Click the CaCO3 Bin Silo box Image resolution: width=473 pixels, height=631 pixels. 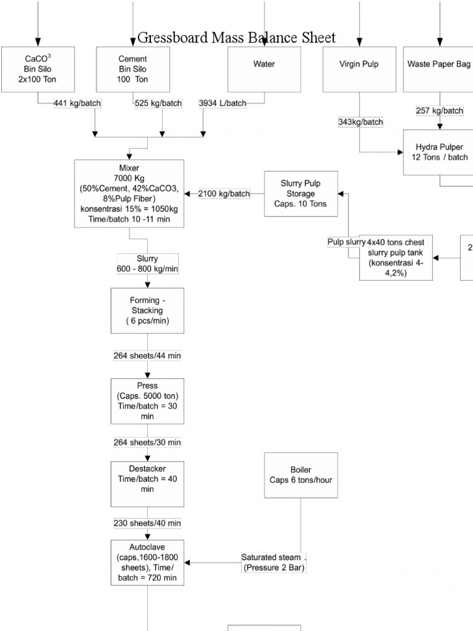38,69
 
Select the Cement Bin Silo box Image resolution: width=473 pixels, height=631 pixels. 133,69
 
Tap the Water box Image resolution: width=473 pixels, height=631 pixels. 264,69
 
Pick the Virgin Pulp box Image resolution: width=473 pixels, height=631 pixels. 359,69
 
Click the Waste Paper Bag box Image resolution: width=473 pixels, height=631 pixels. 439,69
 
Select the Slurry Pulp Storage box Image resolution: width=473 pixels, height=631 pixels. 301,193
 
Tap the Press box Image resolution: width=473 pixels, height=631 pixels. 147,401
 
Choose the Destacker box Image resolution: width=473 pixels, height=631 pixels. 147,484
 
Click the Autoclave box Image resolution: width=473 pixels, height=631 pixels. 147,562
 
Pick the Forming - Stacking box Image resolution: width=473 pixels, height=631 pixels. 147,311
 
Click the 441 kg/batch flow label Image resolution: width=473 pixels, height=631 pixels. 77,104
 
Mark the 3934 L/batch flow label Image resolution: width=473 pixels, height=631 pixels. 222,104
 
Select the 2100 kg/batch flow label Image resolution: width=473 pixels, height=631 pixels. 224,193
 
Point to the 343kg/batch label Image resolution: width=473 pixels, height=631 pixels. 360,122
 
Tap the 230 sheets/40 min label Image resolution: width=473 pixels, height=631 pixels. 147,523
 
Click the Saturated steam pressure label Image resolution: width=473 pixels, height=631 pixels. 273,562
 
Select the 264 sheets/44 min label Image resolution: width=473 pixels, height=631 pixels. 147,356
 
